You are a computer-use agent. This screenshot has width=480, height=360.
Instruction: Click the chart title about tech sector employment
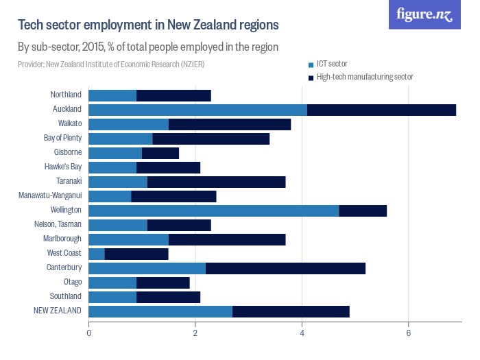(x=147, y=25)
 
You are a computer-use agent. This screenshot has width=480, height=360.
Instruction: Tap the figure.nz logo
(x=424, y=14)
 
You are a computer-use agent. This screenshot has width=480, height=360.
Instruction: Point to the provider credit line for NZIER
(x=111, y=64)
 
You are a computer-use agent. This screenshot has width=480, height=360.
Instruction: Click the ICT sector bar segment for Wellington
(x=213, y=210)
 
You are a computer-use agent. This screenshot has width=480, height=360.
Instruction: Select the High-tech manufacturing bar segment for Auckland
(x=381, y=110)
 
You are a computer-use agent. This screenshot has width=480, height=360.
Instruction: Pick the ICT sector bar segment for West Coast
(x=97, y=253)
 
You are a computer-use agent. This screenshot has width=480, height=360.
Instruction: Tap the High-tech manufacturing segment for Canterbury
(x=285, y=267)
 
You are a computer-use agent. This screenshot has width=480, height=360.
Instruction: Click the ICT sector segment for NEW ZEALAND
(x=160, y=311)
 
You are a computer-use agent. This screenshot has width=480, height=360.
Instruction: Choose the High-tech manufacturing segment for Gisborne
(x=160, y=152)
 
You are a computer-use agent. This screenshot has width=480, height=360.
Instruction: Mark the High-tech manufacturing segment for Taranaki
(x=216, y=182)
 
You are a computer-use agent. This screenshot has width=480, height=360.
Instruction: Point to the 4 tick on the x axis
(x=302, y=333)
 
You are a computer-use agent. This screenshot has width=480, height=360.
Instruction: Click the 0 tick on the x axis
(x=89, y=333)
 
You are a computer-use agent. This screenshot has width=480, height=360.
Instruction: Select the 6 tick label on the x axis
(x=409, y=333)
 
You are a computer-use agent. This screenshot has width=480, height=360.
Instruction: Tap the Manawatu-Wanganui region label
(x=51, y=195)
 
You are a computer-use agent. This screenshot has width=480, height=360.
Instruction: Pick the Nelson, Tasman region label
(x=58, y=224)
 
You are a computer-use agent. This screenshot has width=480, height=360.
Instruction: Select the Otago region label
(x=72, y=282)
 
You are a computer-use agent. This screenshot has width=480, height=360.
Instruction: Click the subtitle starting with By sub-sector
(x=147, y=47)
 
